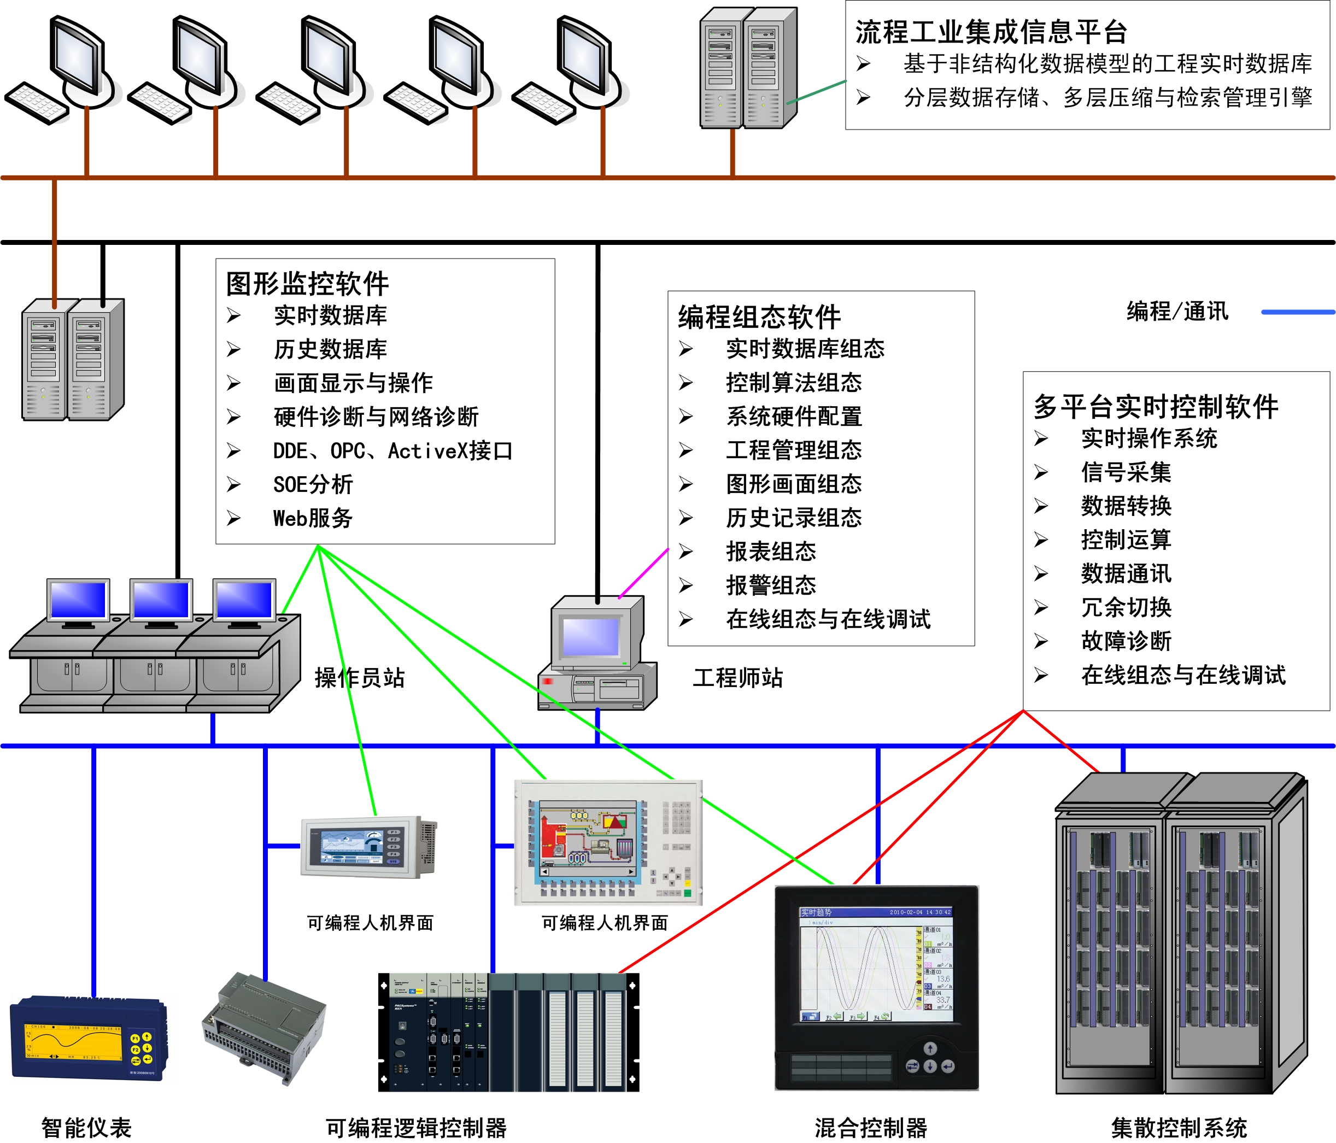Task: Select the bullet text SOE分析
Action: [x=313, y=485]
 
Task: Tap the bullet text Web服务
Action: [x=313, y=518]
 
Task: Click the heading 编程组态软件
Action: [x=759, y=317]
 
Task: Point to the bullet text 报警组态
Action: [x=771, y=585]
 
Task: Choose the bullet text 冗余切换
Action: [x=1126, y=607]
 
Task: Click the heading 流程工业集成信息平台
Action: [x=991, y=32]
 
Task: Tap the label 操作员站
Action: [x=359, y=678]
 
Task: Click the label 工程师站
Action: [x=737, y=678]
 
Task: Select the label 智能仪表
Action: [x=86, y=1128]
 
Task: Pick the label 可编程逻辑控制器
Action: [x=416, y=1128]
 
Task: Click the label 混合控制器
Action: [x=870, y=1128]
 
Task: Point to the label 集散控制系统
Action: [x=1179, y=1128]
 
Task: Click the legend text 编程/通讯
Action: [x=1177, y=312]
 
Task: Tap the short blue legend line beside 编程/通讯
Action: [x=1297, y=312]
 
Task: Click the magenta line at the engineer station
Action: [x=644, y=573]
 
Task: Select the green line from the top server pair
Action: [x=816, y=91]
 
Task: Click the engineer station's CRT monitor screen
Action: [x=590, y=636]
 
